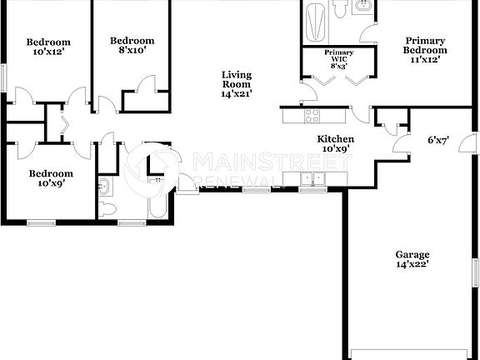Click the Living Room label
236,84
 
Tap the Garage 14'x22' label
412,259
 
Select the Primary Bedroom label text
425,49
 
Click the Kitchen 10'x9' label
336,144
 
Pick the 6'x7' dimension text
438,140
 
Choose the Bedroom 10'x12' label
47,47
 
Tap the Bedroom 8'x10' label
132,45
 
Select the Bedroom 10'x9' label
51,179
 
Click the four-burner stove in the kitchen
312,116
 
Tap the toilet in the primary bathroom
340,8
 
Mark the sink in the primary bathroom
364,7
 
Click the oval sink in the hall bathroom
104,185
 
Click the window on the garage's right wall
476,274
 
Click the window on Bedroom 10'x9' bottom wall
39,222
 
